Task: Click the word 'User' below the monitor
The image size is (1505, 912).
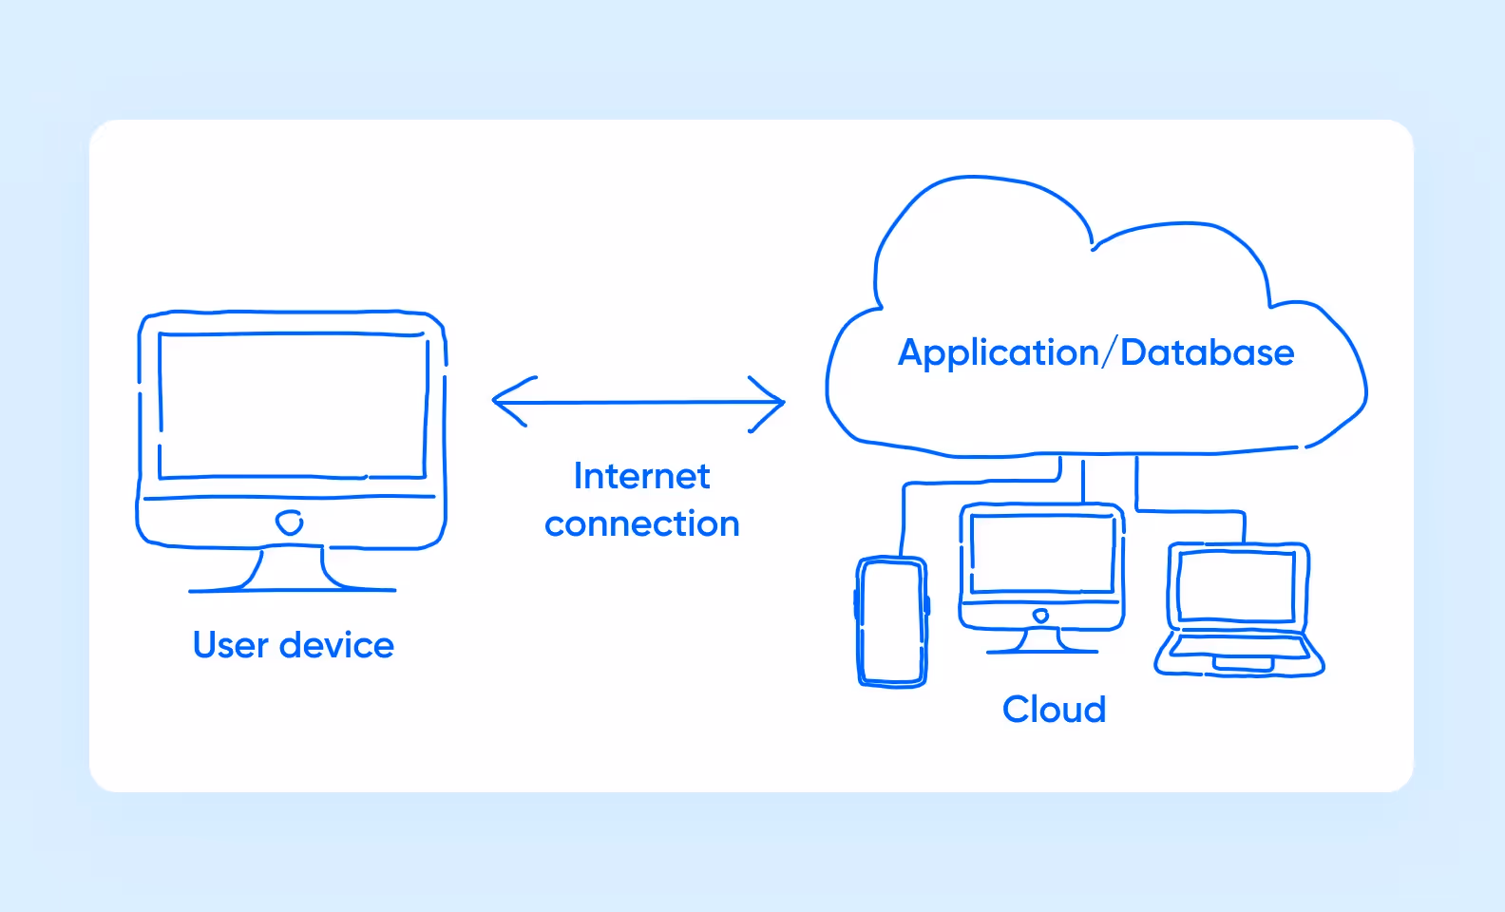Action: [x=231, y=645]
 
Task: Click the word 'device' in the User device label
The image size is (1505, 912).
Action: [x=336, y=645]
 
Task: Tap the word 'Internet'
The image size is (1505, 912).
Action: [x=641, y=476]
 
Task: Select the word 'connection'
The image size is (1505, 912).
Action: [x=641, y=524]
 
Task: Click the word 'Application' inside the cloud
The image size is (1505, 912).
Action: [x=998, y=353]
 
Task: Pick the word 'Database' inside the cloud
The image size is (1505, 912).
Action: [x=1207, y=352]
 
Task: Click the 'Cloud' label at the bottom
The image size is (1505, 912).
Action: [x=1054, y=710]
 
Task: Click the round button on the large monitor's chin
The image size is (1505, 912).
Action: [x=289, y=522]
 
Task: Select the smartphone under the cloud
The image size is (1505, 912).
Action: [x=891, y=621]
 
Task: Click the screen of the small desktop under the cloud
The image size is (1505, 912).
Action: [x=1041, y=554]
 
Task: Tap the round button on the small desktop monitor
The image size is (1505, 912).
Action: [x=1040, y=616]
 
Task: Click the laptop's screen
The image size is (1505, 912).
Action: [x=1235, y=586]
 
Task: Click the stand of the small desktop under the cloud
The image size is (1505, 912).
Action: [x=1041, y=641]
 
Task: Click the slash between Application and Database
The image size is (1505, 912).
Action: [x=1109, y=352]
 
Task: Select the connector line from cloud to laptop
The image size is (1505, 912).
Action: [x=1188, y=511]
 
